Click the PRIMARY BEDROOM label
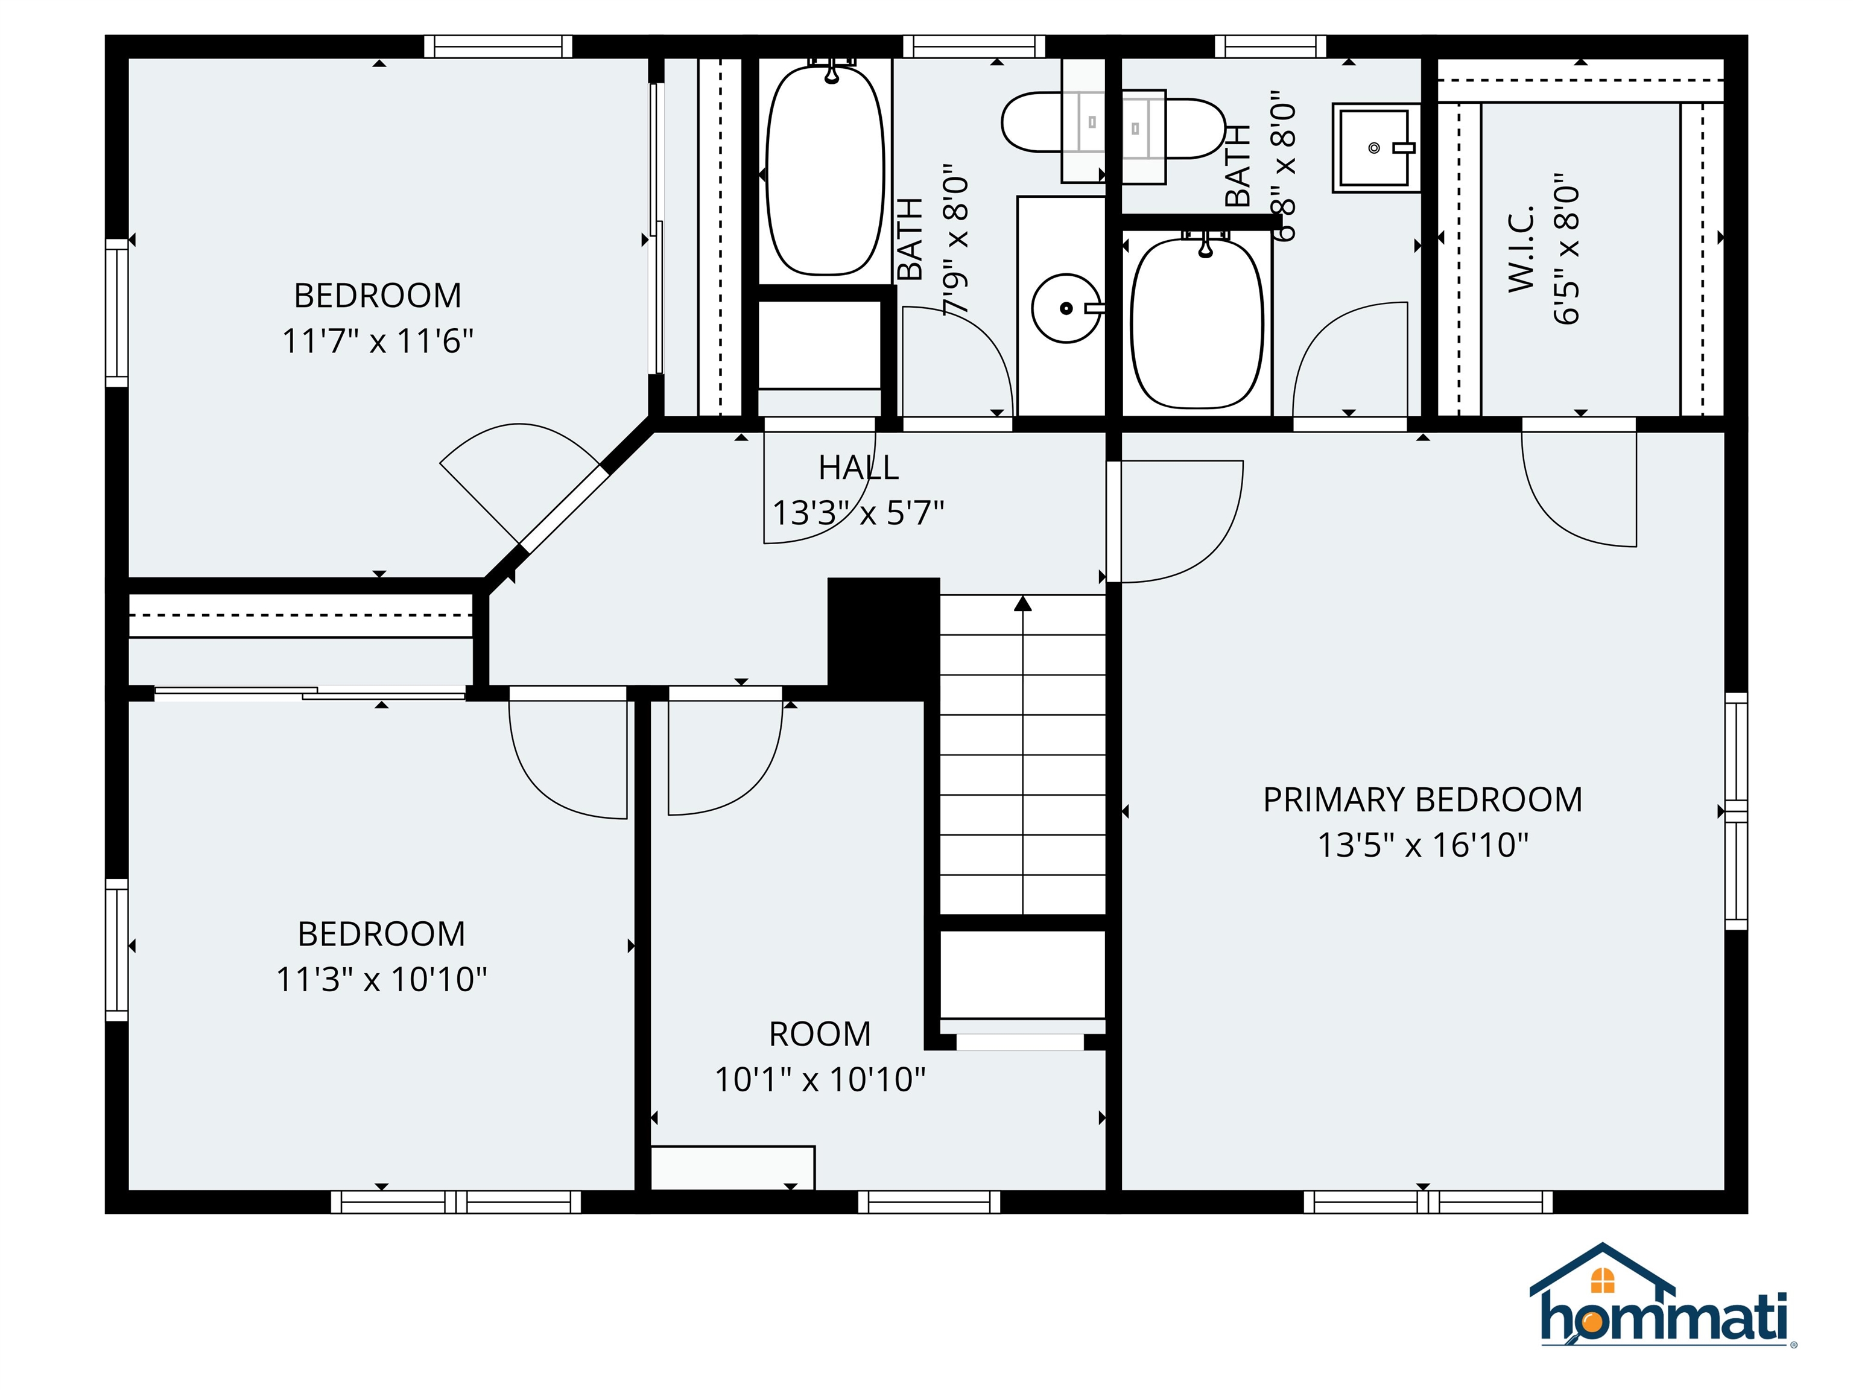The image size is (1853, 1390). (1422, 800)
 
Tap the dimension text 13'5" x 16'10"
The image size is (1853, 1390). (1422, 845)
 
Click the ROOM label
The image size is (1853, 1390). (819, 1035)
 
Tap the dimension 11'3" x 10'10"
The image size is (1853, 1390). (381, 979)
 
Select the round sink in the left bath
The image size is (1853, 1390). (1066, 308)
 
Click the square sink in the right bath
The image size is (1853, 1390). (1374, 147)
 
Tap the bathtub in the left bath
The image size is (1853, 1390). (825, 172)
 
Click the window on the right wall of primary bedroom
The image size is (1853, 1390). (1736, 811)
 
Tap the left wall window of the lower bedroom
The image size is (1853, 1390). (116, 949)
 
